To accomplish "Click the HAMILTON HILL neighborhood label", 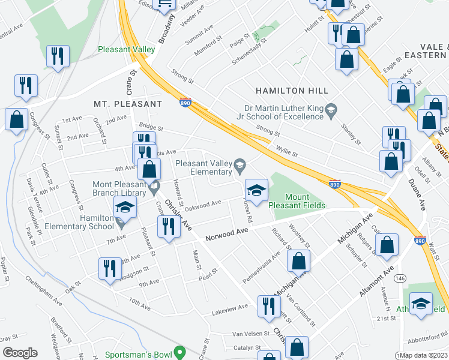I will click(292, 91).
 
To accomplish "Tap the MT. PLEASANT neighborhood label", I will click(127, 104).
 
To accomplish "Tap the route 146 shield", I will click(400, 278).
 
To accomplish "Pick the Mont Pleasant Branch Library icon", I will click(154, 186).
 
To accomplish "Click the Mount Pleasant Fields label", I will click(297, 201).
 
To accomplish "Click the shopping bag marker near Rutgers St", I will click(388, 244).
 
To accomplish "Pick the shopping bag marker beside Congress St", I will click(16, 119).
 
